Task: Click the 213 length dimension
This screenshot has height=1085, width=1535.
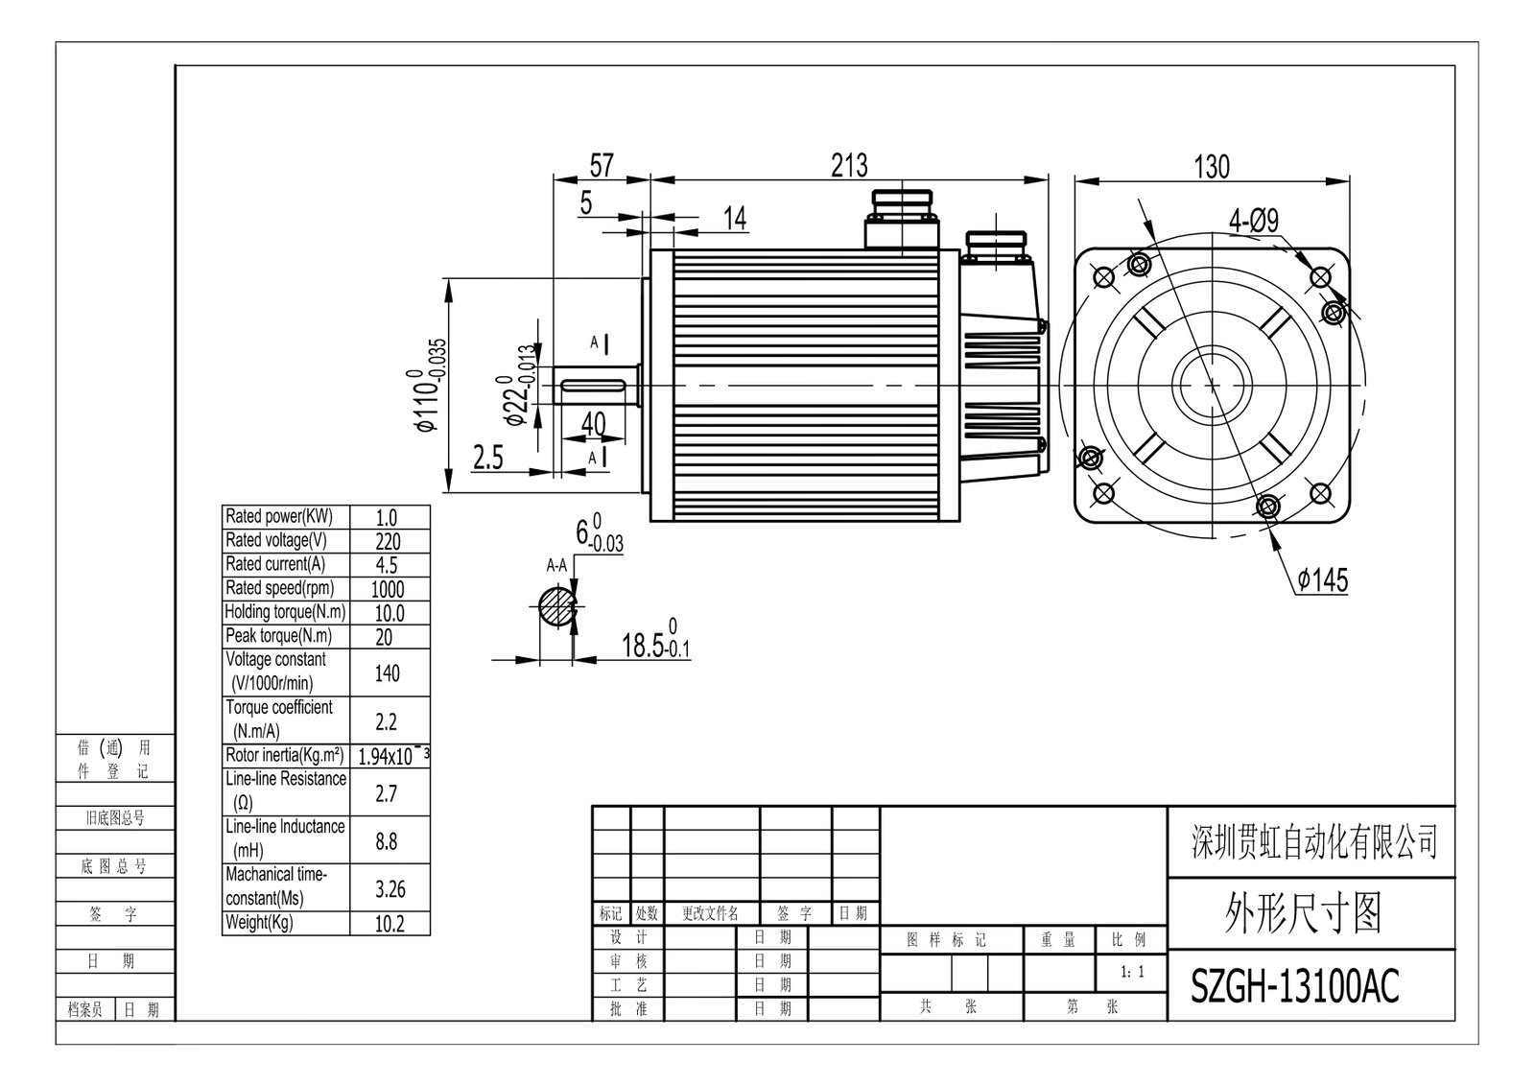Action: tap(849, 165)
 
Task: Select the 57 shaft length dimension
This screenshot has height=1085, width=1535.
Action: tap(601, 165)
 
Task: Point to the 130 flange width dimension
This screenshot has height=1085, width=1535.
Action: tap(1211, 167)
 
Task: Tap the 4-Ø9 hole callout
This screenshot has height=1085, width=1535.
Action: tap(1254, 222)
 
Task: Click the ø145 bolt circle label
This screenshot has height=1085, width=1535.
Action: tap(1322, 580)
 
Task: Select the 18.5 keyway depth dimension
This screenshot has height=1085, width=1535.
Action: tap(656, 645)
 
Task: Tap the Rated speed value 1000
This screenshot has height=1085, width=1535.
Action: tap(387, 589)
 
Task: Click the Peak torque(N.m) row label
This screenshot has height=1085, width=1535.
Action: tap(278, 636)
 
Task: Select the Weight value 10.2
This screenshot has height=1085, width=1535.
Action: tap(389, 924)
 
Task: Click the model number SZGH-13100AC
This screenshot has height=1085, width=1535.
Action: tap(1294, 985)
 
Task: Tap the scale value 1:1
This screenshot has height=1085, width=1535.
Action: tap(1132, 973)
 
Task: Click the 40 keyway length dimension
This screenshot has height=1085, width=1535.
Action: tap(594, 423)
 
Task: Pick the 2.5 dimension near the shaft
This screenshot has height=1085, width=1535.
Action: tap(488, 458)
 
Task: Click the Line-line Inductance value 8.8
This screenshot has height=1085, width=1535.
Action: tap(387, 841)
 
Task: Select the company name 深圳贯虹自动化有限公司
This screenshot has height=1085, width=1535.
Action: tap(1314, 841)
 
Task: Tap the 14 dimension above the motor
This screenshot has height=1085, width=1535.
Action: tap(734, 219)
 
